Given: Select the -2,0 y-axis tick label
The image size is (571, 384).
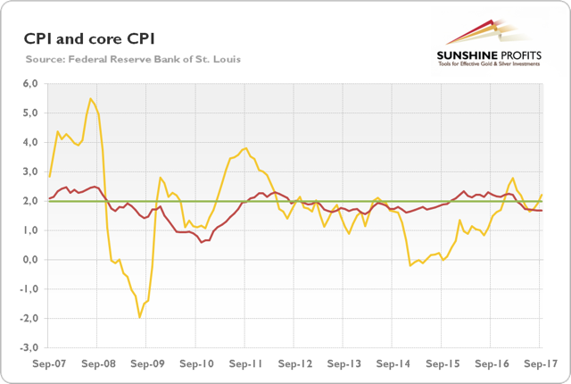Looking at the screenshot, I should click(31, 318).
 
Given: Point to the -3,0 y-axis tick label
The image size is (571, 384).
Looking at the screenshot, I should click(31, 347).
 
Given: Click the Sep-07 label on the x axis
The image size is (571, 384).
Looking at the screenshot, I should click(50, 364).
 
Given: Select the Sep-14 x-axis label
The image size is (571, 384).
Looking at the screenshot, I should click(393, 364).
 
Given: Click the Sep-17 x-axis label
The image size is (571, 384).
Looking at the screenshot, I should click(540, 364).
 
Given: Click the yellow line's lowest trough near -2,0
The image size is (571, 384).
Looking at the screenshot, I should click(139, 317).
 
